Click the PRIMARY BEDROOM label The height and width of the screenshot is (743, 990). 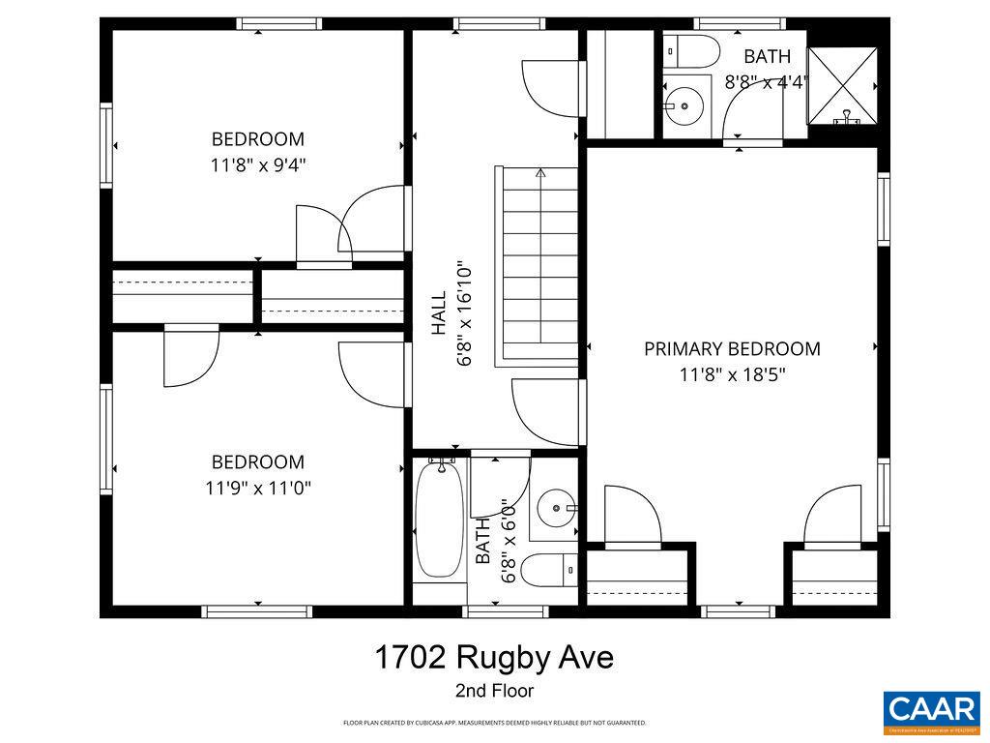(732, 349)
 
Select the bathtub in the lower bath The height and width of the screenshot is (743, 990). (439, 522)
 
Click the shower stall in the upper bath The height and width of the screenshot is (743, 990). (844, 86)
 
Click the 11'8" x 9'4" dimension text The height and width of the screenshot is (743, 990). (258, 164)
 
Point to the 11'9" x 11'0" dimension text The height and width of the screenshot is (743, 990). (258, 488)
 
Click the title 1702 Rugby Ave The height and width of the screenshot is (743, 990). (494, 659)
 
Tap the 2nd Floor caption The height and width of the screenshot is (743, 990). (494, 691)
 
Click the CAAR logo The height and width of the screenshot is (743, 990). (931, 709)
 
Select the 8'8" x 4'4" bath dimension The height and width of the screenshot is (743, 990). (767, 82)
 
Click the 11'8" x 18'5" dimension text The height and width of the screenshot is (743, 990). (732, 374)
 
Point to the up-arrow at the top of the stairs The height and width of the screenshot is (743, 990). (540, 174)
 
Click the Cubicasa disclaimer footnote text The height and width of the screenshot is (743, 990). (494, 723)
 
